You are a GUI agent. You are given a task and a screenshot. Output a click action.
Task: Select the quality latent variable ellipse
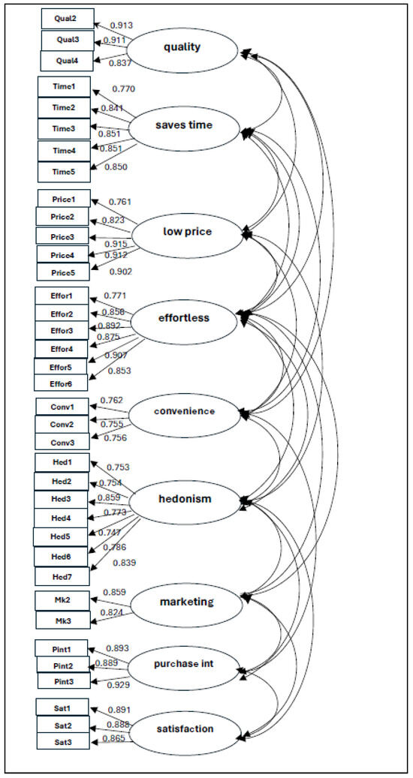(182, 48)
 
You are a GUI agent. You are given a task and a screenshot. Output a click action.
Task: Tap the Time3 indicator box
(64, 129)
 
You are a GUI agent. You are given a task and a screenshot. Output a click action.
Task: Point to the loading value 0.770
(123, 89)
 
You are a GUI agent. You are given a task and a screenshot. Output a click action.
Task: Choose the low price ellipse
(188, 231)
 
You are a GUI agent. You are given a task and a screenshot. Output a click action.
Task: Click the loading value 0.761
(120, 202)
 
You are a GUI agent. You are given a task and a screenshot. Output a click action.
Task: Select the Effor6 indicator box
(62, 383)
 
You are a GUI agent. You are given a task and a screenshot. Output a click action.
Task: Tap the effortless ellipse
(184, 318)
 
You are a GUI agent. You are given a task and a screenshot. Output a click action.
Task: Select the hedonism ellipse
(185, 499)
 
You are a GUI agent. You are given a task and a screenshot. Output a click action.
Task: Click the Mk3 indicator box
(62, 620)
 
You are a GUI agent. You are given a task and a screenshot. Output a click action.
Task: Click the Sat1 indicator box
(62, 708)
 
